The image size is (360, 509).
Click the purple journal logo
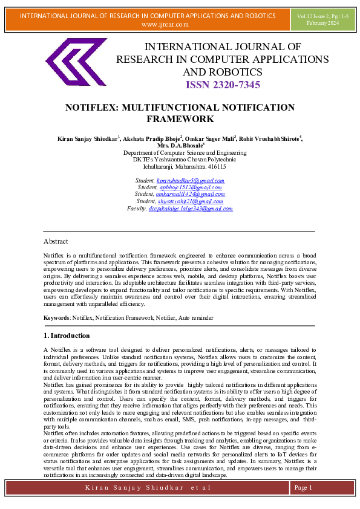tap(76, 62)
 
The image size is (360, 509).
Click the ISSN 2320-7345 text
tap(222, 85)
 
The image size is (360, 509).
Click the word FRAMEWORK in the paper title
tap(180, 119)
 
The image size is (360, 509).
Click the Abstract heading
tap(56, 241)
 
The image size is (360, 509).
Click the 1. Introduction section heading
tap(67, 336)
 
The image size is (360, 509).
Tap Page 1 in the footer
tap(303, 487)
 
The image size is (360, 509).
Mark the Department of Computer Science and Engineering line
tap(180, 153)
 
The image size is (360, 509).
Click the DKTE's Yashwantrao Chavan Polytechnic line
tap(180, 160)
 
